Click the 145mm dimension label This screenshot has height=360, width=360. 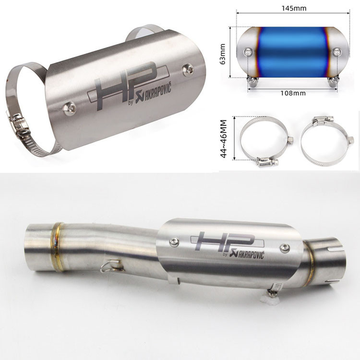point(294,8)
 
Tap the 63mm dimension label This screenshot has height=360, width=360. point(222,54)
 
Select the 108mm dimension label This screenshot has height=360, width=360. point(293,93)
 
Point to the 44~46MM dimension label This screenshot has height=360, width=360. point(223,139)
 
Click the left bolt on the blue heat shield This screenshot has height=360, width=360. point(248,52)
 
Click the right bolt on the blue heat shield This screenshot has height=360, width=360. point(337,51)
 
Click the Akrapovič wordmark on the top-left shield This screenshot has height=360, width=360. point(154,95)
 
